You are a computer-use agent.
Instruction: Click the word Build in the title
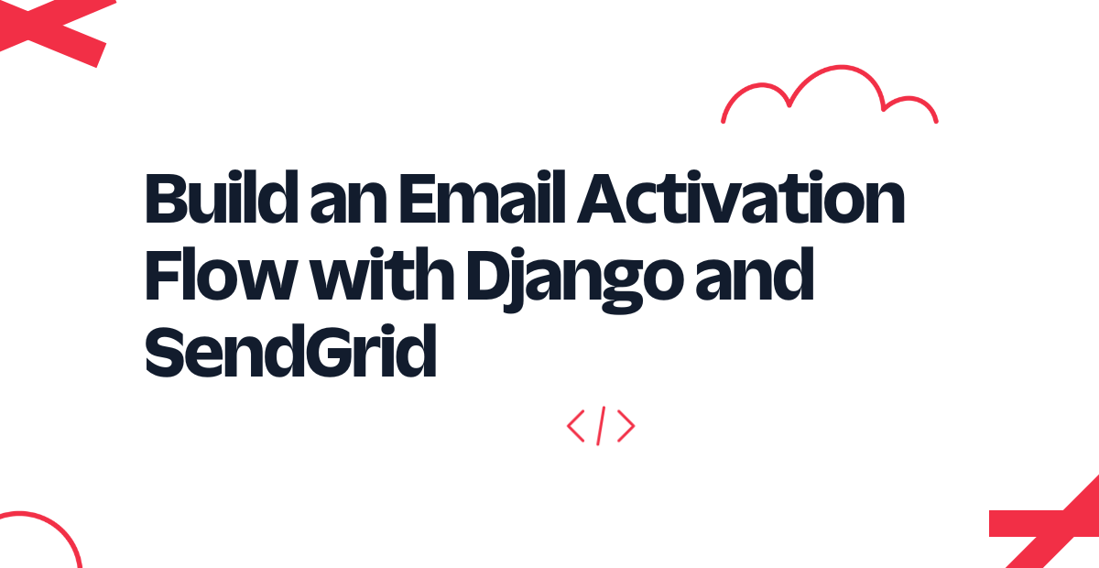click(222, 197)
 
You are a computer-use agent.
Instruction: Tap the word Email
click(483, 197)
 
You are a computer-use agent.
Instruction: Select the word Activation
click(740, 197)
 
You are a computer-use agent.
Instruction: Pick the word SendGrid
click(290, 351)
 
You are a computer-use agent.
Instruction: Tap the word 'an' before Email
click(348, 203)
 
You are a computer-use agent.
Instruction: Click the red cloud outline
click(840, 67)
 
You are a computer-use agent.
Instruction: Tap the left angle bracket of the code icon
click(575, 426)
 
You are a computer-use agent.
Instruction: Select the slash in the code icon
click(601, 426)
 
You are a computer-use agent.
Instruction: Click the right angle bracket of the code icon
click(626, 426)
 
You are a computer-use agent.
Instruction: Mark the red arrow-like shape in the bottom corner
click(1050, 524)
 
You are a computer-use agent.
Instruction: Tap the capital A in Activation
click(602, 198)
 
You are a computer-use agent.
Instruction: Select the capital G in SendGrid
click(331, 352)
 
